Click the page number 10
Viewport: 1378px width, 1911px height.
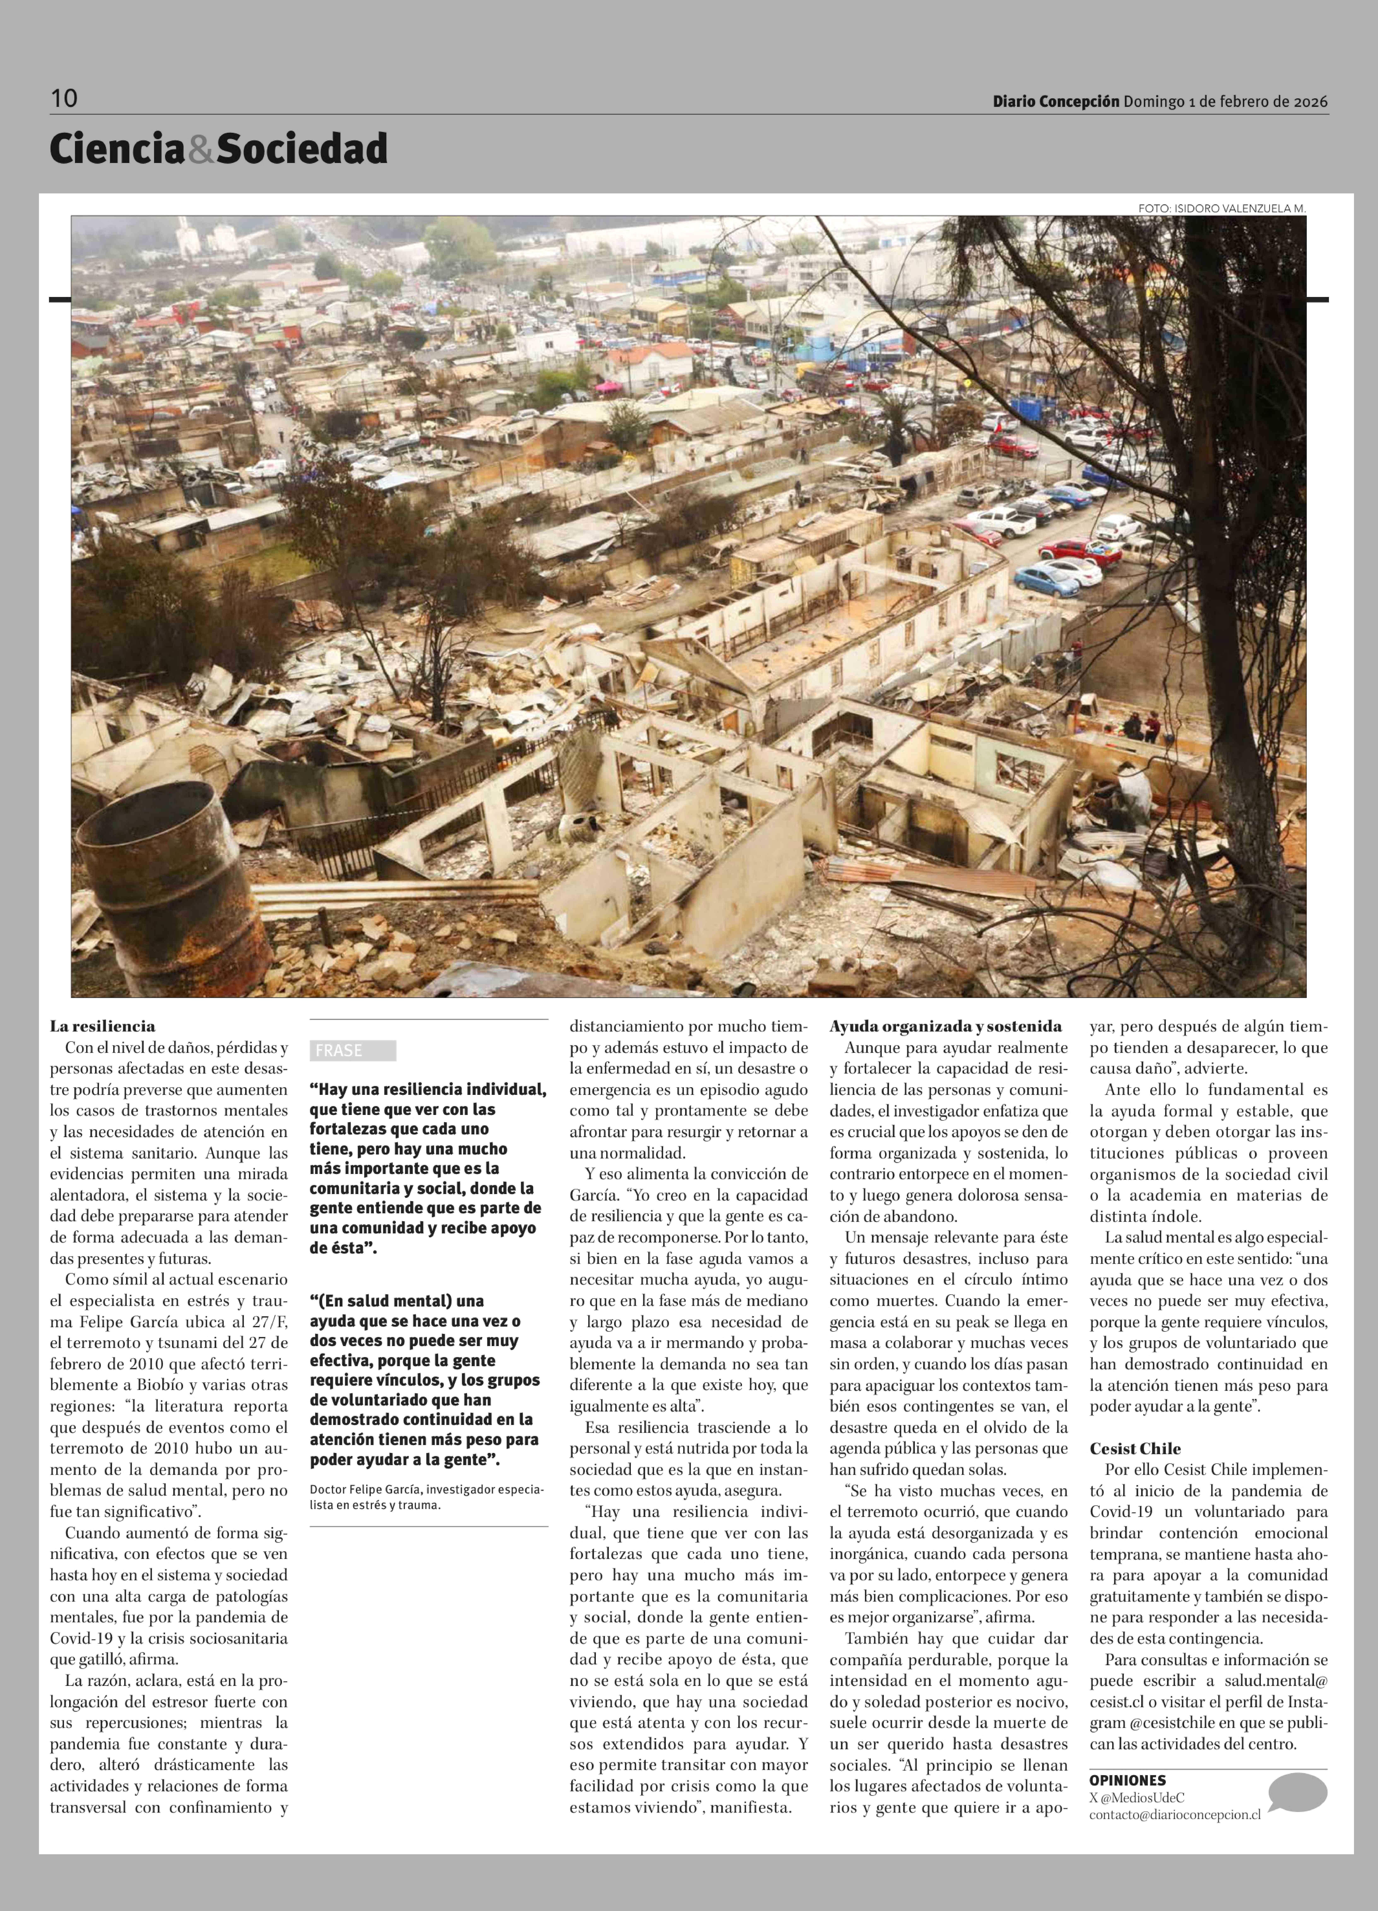coord(64,99)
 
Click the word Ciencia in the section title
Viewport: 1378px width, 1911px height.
coord(116,149)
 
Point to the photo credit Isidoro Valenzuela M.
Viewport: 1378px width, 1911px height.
coord(1221,208)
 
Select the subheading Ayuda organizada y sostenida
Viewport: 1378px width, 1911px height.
coord(945,1026)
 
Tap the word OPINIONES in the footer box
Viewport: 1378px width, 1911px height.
coord(1127,1780)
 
